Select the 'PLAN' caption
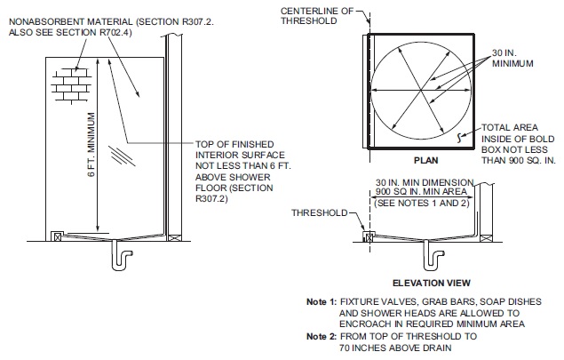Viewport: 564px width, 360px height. (x=422, y=162)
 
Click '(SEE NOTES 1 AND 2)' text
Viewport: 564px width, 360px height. (x=423, y=203)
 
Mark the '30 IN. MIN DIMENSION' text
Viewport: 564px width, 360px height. (x=423, y=182)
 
